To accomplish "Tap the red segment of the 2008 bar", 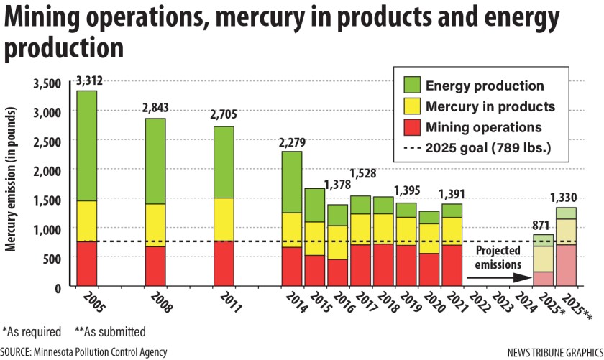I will click(x=155, y=267).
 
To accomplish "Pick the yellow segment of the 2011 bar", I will click(x=223, y=219).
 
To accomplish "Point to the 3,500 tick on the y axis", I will click(x=48, y=84).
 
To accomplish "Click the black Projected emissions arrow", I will click(x=496, y=275).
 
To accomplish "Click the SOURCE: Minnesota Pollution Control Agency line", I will click(x=84, y=351).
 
